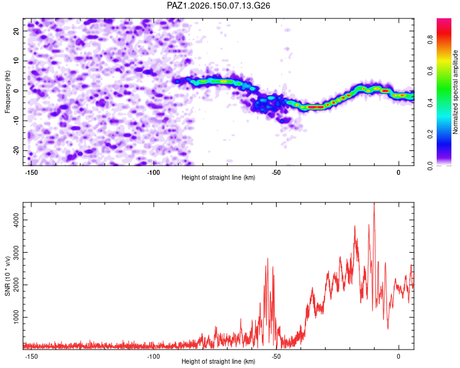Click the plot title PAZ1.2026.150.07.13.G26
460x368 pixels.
(218, 6)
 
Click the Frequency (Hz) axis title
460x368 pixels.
(7, 92)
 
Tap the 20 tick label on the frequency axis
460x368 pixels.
(16, 31)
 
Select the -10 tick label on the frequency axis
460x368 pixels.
(16, 120)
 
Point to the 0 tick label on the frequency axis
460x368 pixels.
(16, 91)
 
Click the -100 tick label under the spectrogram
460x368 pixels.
(153, 172)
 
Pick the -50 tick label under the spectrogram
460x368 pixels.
(276, 172)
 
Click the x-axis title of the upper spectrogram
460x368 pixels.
(218, 177)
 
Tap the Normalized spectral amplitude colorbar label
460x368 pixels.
(455, 92)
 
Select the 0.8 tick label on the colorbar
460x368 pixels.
(430, 40)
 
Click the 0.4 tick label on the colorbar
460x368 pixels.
(430, 102)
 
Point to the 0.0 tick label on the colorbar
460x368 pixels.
(430, 166)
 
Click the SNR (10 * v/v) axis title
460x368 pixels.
(7, 276)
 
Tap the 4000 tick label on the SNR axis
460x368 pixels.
(16, 220)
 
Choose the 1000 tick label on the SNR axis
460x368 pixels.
(16, 317)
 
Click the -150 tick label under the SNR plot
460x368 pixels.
(31, 356)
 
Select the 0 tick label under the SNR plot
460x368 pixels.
(399, 356)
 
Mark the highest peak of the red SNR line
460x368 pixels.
(374, 203)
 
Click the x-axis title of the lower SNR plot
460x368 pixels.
(218, 361)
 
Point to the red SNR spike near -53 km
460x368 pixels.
(267, 259)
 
